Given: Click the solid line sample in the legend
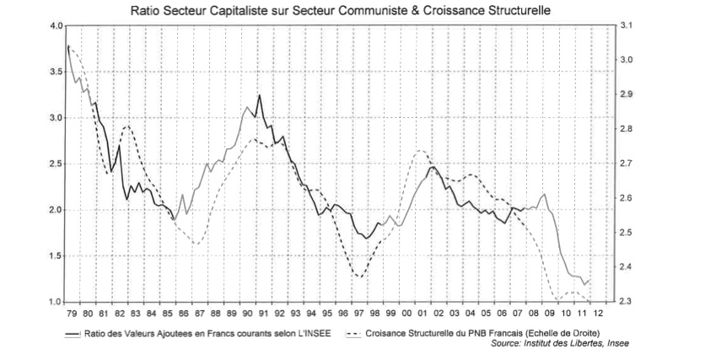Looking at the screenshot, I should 73,333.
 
